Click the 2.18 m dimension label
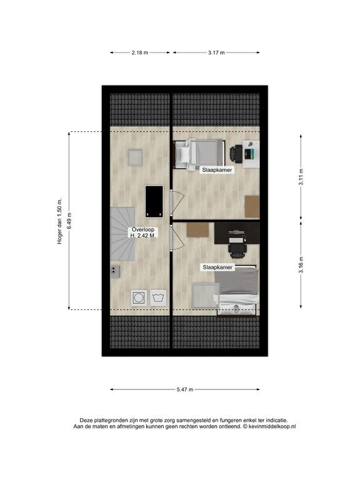click(140, 52)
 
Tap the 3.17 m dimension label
click(216, 52)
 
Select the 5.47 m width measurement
click(185, 390)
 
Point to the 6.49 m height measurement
click(69, 221)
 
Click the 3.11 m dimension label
click(301, 177)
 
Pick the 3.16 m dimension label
click(301, 265)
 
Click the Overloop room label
click(143, 229)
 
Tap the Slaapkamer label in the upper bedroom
click(217, 170)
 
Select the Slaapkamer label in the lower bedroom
click(217, 267)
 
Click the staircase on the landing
click(122, 234)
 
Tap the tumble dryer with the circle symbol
click(139, 298)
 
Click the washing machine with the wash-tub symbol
click(158, 298)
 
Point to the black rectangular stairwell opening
click(154, 201)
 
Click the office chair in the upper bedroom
click(236, 153)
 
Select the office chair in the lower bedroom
click(237, 251)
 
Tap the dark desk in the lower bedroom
click(237, 233)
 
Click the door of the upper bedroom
click(177, 203)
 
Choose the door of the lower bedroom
click(177, 238)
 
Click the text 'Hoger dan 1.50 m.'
click(60, 221)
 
